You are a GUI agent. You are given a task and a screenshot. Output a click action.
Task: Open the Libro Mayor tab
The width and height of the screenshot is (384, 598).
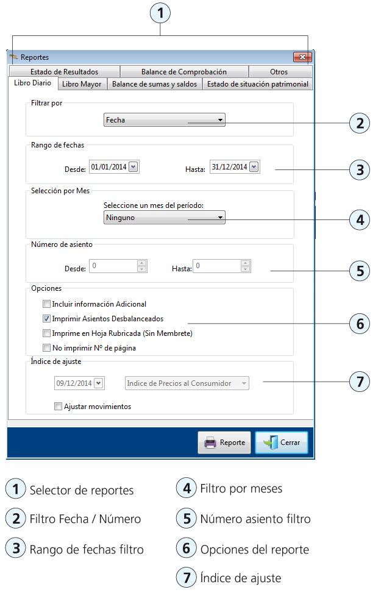coord(82,84)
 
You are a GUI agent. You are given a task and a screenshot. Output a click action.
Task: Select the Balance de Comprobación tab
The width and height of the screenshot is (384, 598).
coord(183,72)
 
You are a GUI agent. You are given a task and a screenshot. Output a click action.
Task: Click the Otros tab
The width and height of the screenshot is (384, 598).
coord(279,72)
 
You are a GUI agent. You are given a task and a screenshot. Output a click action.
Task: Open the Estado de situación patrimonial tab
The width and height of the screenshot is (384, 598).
coord(257,84)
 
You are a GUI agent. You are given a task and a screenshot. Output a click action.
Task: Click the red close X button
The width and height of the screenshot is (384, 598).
coord(302,57)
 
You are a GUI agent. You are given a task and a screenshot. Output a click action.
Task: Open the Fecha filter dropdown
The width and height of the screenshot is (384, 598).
coord(165,120)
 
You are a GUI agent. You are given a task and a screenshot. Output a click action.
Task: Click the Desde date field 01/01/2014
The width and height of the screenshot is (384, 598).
coord(108,167)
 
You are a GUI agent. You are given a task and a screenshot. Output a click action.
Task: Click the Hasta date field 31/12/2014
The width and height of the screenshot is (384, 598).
coord(229,167)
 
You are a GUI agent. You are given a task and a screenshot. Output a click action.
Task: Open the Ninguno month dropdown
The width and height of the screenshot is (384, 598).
coord(165,218)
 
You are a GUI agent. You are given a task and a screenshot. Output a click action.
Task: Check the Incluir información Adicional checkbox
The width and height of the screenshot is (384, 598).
coord(46,304)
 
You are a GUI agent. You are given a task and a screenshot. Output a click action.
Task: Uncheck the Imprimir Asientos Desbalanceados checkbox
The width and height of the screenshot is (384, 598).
coord(46,318)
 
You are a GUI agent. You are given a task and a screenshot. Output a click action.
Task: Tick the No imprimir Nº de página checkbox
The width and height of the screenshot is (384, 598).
coord(46,348)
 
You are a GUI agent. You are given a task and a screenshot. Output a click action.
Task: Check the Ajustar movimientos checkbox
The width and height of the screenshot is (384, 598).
coord(58,406)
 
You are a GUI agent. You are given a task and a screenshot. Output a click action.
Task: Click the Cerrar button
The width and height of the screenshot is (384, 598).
coord(281,443)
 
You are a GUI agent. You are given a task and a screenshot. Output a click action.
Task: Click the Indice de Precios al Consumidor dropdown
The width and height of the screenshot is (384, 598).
coord(187,383)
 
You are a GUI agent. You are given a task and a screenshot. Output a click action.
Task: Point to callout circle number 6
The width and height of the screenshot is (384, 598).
coord(360,324)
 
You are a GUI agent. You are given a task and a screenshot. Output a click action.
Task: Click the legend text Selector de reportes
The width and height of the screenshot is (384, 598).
coord(81,490)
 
